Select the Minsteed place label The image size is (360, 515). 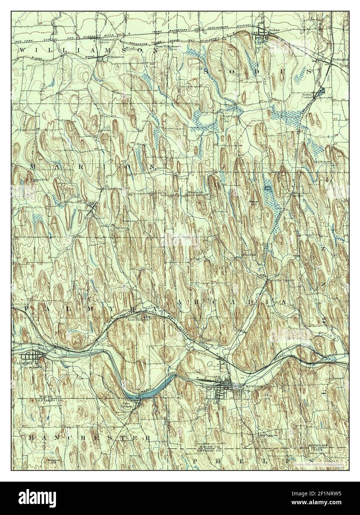195,192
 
